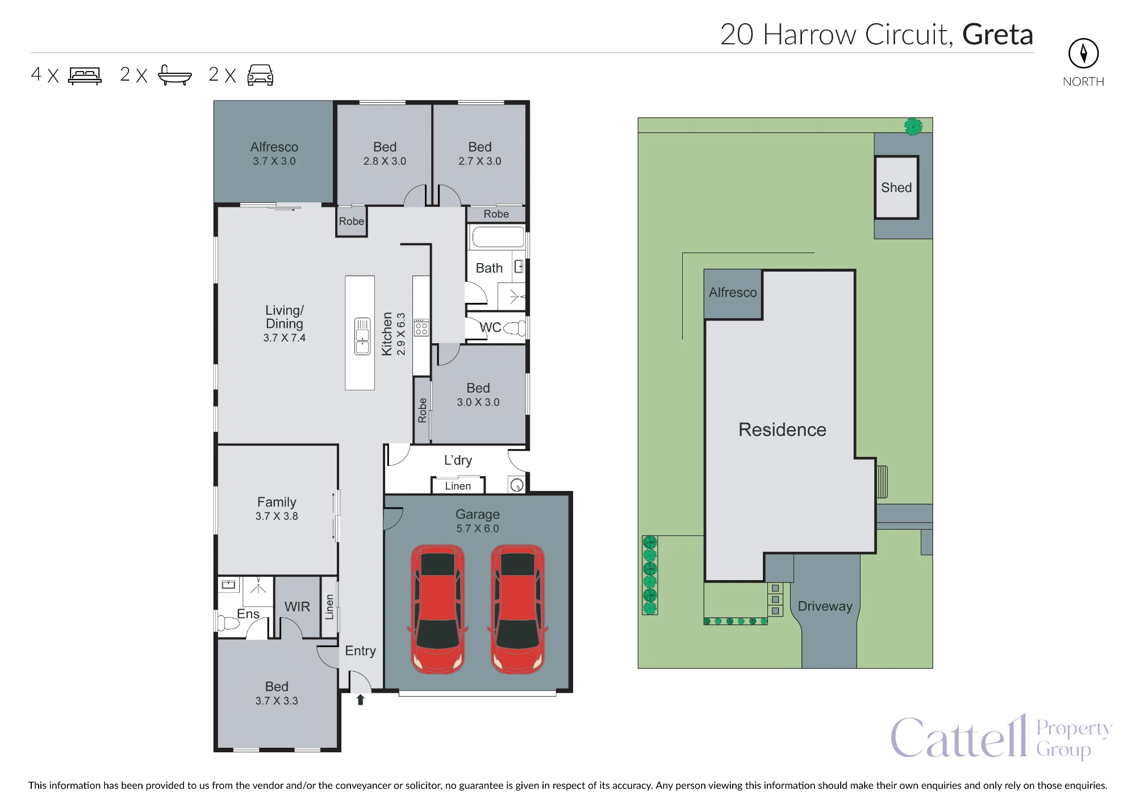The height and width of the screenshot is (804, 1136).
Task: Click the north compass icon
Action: click(x=1083, y=53)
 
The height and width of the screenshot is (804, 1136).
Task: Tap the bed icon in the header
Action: click(x=85, y=76)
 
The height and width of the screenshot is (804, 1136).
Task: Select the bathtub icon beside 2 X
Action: click(x=174, y=75)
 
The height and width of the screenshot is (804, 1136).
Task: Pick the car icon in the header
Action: click(x=260, y=75)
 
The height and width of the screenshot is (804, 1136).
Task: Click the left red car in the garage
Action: click(x=438, y=609)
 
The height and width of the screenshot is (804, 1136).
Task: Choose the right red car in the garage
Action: click(x=517, y=609)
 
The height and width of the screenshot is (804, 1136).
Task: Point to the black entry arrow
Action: click(x=360, y=699)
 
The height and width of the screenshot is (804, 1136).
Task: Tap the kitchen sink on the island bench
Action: click(x=362, y=336)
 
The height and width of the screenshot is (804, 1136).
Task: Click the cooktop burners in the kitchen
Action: click(x=421, y=327)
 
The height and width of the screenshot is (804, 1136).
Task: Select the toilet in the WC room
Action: click(x=515, y=327)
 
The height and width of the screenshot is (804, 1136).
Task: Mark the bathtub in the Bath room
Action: click(x=498, y=236)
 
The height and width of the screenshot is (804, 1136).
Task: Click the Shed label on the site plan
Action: click(x=896, y=188)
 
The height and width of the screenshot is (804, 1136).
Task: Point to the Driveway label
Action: click(x=825, y=606)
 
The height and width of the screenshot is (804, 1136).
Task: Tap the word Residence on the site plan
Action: click(x=782, y=430)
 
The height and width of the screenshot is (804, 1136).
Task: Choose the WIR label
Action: click(x=297, y=607)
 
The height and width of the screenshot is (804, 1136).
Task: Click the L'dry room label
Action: click(x=458, y=460)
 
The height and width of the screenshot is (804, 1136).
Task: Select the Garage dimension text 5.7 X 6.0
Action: click(x=478, y=528)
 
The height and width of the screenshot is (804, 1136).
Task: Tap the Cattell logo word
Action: click(x=959, y=736)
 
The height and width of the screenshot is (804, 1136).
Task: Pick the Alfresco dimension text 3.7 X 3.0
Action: click(x=274, y=161)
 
